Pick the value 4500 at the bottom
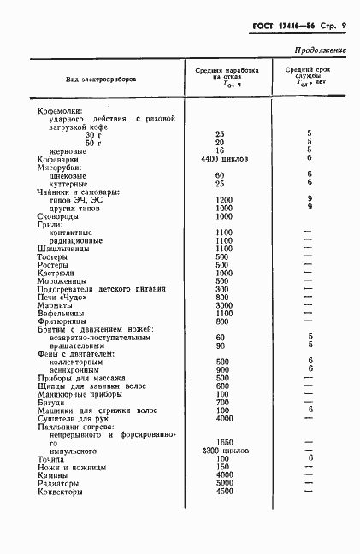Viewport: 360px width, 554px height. click(224, 492)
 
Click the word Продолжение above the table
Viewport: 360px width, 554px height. click(320, 51)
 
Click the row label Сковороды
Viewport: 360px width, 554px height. click(59, 216)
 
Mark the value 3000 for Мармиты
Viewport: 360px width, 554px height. click(224, 304)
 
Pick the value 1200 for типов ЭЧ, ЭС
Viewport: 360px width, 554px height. click(224, 199)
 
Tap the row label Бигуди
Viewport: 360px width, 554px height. click(51, 402)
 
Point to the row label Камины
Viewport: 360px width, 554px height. click(53, 475)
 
